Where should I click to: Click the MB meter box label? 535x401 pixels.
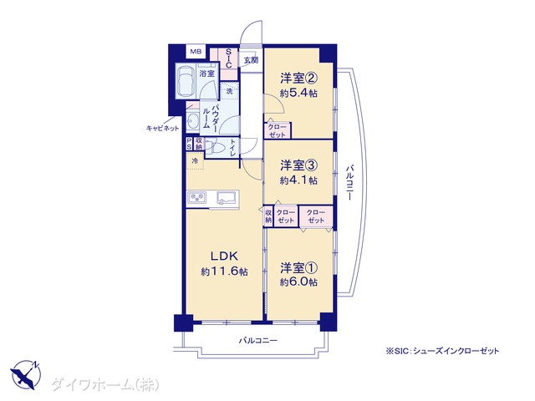click(196, 52)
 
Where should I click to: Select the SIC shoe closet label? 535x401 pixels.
click(228, 58)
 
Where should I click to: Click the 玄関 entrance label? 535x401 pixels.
click(251, 60)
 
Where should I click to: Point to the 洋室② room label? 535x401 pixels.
click(299, 79)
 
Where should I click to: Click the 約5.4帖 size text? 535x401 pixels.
click(298, 93)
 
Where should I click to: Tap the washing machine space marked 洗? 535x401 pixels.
click(230, 91)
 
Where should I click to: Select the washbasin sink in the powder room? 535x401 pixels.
click(193, 120)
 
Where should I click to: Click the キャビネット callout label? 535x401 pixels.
click(162, 128)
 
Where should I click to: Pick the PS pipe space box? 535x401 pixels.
click(189, 144)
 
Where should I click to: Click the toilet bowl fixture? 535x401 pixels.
click(216, 149)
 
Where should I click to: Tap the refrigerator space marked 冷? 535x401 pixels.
click(195, 161)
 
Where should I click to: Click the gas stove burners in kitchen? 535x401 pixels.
click(196, 198)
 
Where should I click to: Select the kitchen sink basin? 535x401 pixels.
click(227, 198)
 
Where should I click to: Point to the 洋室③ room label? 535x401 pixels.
click(299, 165)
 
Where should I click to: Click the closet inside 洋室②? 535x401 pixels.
click(277, 130)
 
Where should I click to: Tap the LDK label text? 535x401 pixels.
click(224, 256)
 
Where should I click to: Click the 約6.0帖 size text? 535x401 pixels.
click(298, 282)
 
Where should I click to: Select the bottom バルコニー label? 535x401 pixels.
click(258, 340)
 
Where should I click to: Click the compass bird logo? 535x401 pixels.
click(26, 374)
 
